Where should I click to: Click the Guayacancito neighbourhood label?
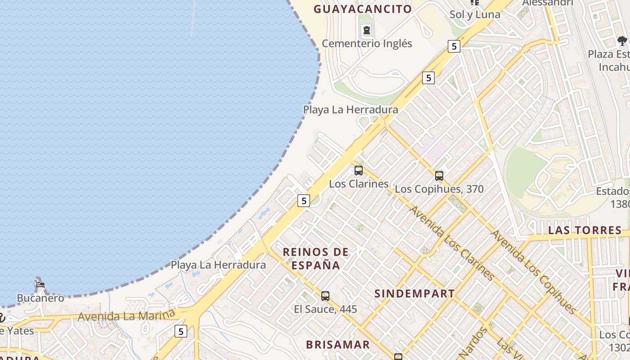tap(363, 9)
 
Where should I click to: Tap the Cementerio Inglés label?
tap(367, 44)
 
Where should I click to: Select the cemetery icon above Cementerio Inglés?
tap(367, 30)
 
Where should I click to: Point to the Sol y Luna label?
tap(475, 14)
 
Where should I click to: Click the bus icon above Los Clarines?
tap(359, 171)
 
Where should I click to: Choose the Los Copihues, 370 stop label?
tap(439, 189)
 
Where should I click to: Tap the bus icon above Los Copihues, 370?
tap(439, 176)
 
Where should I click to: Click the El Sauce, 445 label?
tap(325, 309)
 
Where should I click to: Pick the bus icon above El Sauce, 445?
tap(325, 296)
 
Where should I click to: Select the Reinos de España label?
tap(315, 259)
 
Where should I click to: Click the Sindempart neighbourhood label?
tap(414, 294)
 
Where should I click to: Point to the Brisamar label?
tap(337, 345)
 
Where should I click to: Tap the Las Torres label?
tap(585, 230)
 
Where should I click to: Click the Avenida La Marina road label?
tap(126, 315)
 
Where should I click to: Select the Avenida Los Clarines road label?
tap(452, 243)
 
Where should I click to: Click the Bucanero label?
tap(40, 298)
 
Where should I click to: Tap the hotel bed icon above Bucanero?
tap(40, 284)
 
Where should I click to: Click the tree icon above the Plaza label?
tap(622, 41)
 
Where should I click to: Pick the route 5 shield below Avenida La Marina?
tap(181, 332)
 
